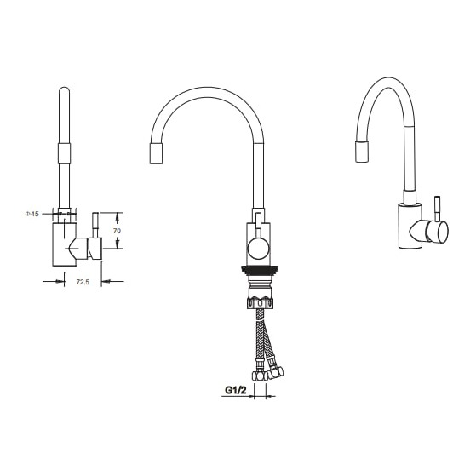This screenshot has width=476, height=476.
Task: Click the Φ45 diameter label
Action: click(32, 214)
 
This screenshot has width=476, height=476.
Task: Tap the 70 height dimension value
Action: click(117, 231)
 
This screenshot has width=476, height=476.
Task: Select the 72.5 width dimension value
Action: click(83, 282)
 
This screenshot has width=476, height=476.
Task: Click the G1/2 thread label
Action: click(236, 390)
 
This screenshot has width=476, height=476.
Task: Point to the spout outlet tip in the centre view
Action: click(156, 153)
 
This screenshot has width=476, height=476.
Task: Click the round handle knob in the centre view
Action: click(258, 248)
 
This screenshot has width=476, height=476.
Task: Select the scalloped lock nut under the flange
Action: click(261, 303)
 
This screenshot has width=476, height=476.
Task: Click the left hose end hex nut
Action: click(260, 376)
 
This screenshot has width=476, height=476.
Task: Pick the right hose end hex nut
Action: click(276, 372)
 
